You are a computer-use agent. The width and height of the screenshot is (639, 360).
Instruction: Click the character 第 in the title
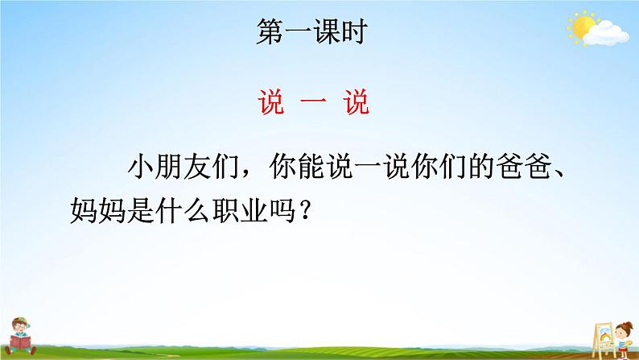(x=270, y=31)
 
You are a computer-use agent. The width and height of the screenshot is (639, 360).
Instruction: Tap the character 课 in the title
(x=326, y=31)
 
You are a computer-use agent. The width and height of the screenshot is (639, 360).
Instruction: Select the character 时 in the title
(x=355, y=31)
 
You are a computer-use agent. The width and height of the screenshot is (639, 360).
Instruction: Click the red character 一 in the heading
(x=313, y=102)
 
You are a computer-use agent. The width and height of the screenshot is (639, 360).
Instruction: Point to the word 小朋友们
(x=183, y=167)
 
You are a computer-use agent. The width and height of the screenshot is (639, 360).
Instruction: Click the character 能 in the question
(x=311, y=167)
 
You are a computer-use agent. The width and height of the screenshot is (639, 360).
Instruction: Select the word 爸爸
(x=526, y=167)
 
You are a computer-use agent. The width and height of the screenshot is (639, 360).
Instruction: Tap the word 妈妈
(x=98, y=211)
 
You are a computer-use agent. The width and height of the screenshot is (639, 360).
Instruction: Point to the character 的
(x=484, y=167)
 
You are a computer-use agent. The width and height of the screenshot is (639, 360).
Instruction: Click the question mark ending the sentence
(x=305, y=211)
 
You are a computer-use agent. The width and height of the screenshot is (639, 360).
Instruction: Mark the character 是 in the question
(x=141, y=211)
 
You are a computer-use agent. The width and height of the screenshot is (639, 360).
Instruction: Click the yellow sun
(x=582, y=27)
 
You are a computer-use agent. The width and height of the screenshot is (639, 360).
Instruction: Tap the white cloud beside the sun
(x=606, y=34)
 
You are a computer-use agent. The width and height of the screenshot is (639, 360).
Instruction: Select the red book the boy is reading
(x=19, y=341)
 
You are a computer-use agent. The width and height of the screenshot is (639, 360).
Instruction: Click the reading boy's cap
(x=20, y=322)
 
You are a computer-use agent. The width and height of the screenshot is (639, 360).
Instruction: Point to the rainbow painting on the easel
(x=604, y=334)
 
